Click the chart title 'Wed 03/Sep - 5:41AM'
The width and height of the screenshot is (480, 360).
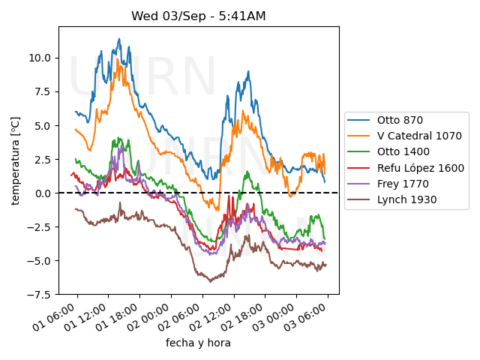coord(199,16)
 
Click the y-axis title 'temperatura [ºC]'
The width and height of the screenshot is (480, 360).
coord(15,160)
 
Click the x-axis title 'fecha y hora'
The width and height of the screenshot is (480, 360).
coord(198,343)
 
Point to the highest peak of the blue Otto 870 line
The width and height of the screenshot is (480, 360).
coord(118,39)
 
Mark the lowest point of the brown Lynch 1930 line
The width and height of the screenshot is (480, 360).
coord(210,282)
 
